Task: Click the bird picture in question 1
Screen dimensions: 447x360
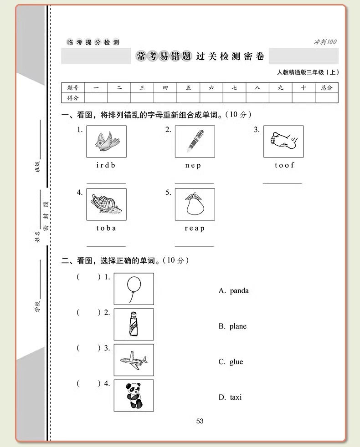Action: tap(106, 141)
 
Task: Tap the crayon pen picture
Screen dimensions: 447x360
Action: tap(195, 141)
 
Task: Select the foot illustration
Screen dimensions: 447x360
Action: tap(283, 141)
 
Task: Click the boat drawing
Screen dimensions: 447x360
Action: tap(106, 204)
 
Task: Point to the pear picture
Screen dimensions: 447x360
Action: tap(195, 204)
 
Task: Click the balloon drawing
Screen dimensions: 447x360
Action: tap(134, 289)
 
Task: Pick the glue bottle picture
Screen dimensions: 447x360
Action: tap(134, 324)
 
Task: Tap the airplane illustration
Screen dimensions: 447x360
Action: tap(134, 360)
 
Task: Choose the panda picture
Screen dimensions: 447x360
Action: tap(134, 395)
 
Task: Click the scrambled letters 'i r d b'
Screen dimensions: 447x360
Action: tap(106, 165)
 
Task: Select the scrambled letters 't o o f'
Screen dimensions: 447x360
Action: tap(284, 165)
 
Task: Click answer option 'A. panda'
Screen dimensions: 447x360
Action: tap(233, 291)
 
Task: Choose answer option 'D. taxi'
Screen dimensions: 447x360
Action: tap(230, 397)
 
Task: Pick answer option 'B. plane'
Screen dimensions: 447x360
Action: tap(232, 326)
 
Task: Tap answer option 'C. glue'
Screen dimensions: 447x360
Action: tap(231, 362)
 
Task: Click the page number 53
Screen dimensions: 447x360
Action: tap(200, 421)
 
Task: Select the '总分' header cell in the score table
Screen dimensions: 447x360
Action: tap(326, 88)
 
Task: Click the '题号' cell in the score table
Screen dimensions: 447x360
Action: tap(73, 88)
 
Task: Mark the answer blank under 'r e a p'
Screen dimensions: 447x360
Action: tap(195, 245)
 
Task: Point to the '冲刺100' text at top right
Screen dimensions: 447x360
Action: tap(325, 42)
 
